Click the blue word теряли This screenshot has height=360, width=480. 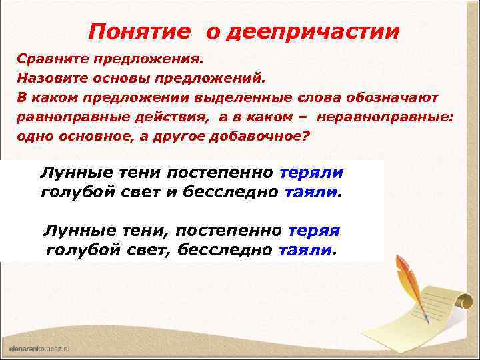(x=312, y=173)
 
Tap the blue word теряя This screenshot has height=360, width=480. (x=314, y=231)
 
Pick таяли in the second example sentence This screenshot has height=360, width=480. (x=305, y=250)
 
